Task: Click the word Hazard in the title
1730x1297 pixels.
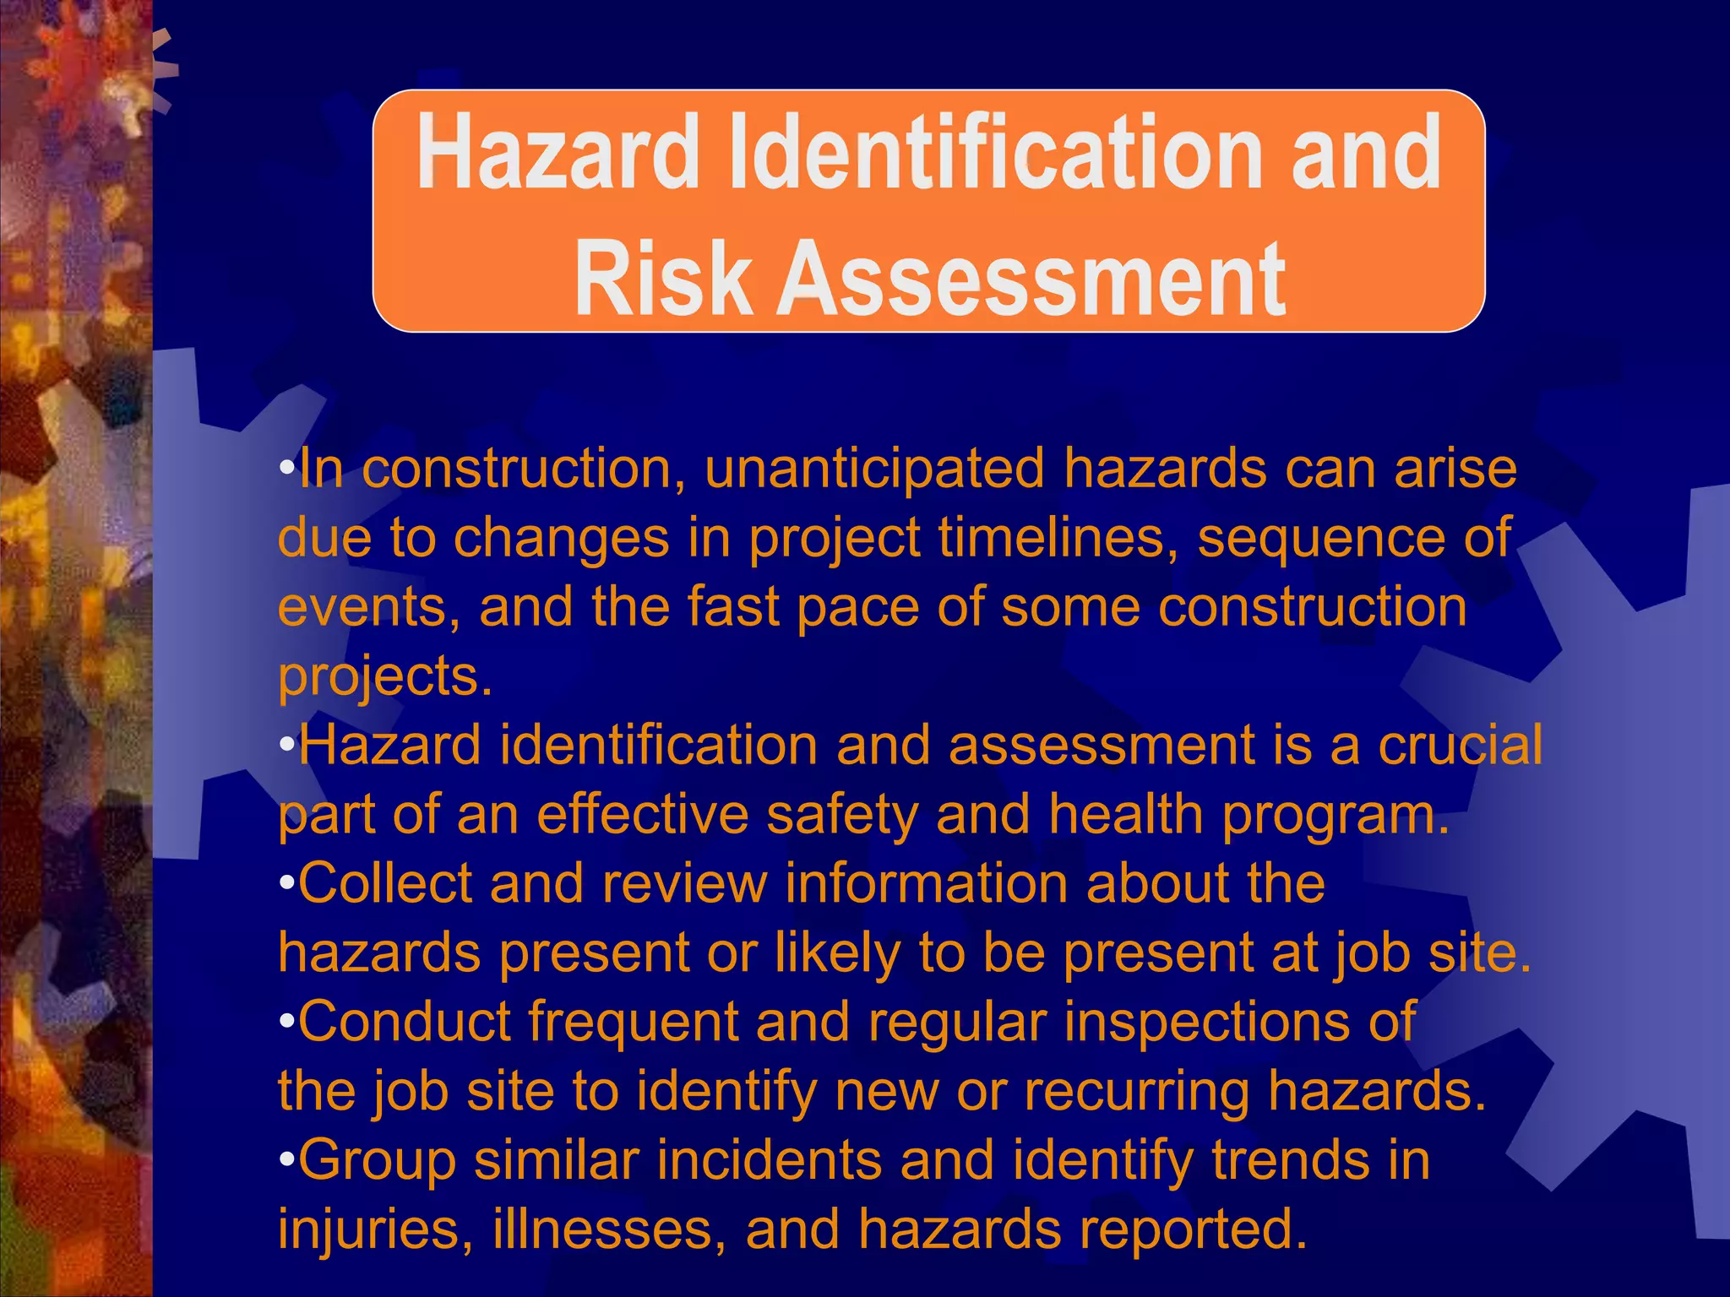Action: click(558, 154)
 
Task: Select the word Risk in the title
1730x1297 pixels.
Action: click(663, 278)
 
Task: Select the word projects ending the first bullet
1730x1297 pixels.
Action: click(384, 677)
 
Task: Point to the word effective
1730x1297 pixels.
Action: click(643, 815)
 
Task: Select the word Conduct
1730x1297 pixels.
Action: click(405, 1022)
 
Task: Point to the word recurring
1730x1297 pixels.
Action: click(1137, 1092)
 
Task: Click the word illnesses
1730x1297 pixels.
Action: click(609, 1229)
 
